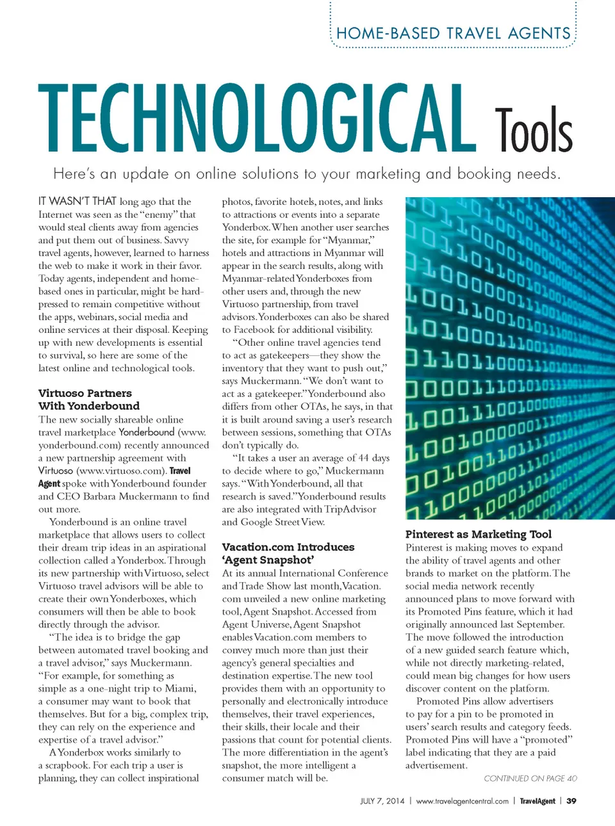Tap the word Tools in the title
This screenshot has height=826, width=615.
pyautogui.click(x=533, y=130)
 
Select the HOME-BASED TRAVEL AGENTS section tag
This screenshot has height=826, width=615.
pyautogui.click(x=453, y=33)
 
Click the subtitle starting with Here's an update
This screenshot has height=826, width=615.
pyautogui.click(x=307, y=174)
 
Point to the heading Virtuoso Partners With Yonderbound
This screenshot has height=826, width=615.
pyautogui.click(x=88, y=400)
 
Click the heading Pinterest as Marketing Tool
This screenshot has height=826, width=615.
pyautogui.click(x=478, y=534)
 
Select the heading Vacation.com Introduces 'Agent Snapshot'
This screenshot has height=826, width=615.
pyautogui.click(x=288, y=553)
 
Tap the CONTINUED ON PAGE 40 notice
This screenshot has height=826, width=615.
pyautogui.click(x=530, y=779)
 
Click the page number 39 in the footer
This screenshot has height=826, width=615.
pyautogui.click(x=571, y=801)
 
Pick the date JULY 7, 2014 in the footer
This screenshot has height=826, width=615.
pyautogui.click(x=382, y=801)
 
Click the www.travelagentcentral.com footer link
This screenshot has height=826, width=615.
pyautogui.click(x=462, y=801)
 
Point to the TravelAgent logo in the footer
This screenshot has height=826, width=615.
pyautogui.click(x=537, y=801)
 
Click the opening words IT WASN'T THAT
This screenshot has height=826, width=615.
pyautogui.click(x=77, y=201)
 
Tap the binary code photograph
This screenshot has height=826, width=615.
pyautogui.click(x=510, y=359)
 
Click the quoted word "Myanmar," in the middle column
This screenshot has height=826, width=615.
pyautogui.click(x=349, y=240)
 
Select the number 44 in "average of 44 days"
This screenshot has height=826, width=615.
pyautogui.click(x=363, y=458)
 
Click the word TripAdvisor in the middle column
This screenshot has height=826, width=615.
pyautogui.click(x=349, y=509)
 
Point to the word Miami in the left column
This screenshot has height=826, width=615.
pyautogui.click(x=180, y=688)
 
